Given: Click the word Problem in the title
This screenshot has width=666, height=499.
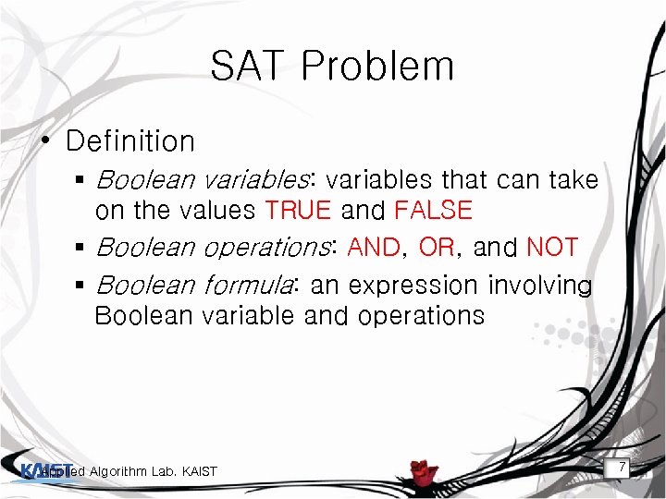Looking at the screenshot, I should pyautogui.click(x=377, y=67).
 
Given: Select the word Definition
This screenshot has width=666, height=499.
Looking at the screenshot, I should pyautogui.click(x=130, y=141).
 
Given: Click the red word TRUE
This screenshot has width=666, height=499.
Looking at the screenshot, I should pyautogui.click(x=298, y=211).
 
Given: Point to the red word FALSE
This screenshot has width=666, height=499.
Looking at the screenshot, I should pyautogui.click(x=433, y=211).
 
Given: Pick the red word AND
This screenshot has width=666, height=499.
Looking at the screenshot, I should pyautogui.click(x=374, y=248).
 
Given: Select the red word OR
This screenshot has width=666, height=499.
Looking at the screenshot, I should pyautogui.click(x=436, y=248).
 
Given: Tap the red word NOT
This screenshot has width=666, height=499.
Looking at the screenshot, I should pyautogui.click(x=552, y=248).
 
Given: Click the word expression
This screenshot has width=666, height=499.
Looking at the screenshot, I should pyautogui.click(x=413, y=286).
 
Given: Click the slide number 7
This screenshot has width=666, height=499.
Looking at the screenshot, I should pyautogui.click(x=623, y=469).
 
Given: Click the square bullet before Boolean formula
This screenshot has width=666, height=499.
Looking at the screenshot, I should pyautogui.click(x=81, y=286).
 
